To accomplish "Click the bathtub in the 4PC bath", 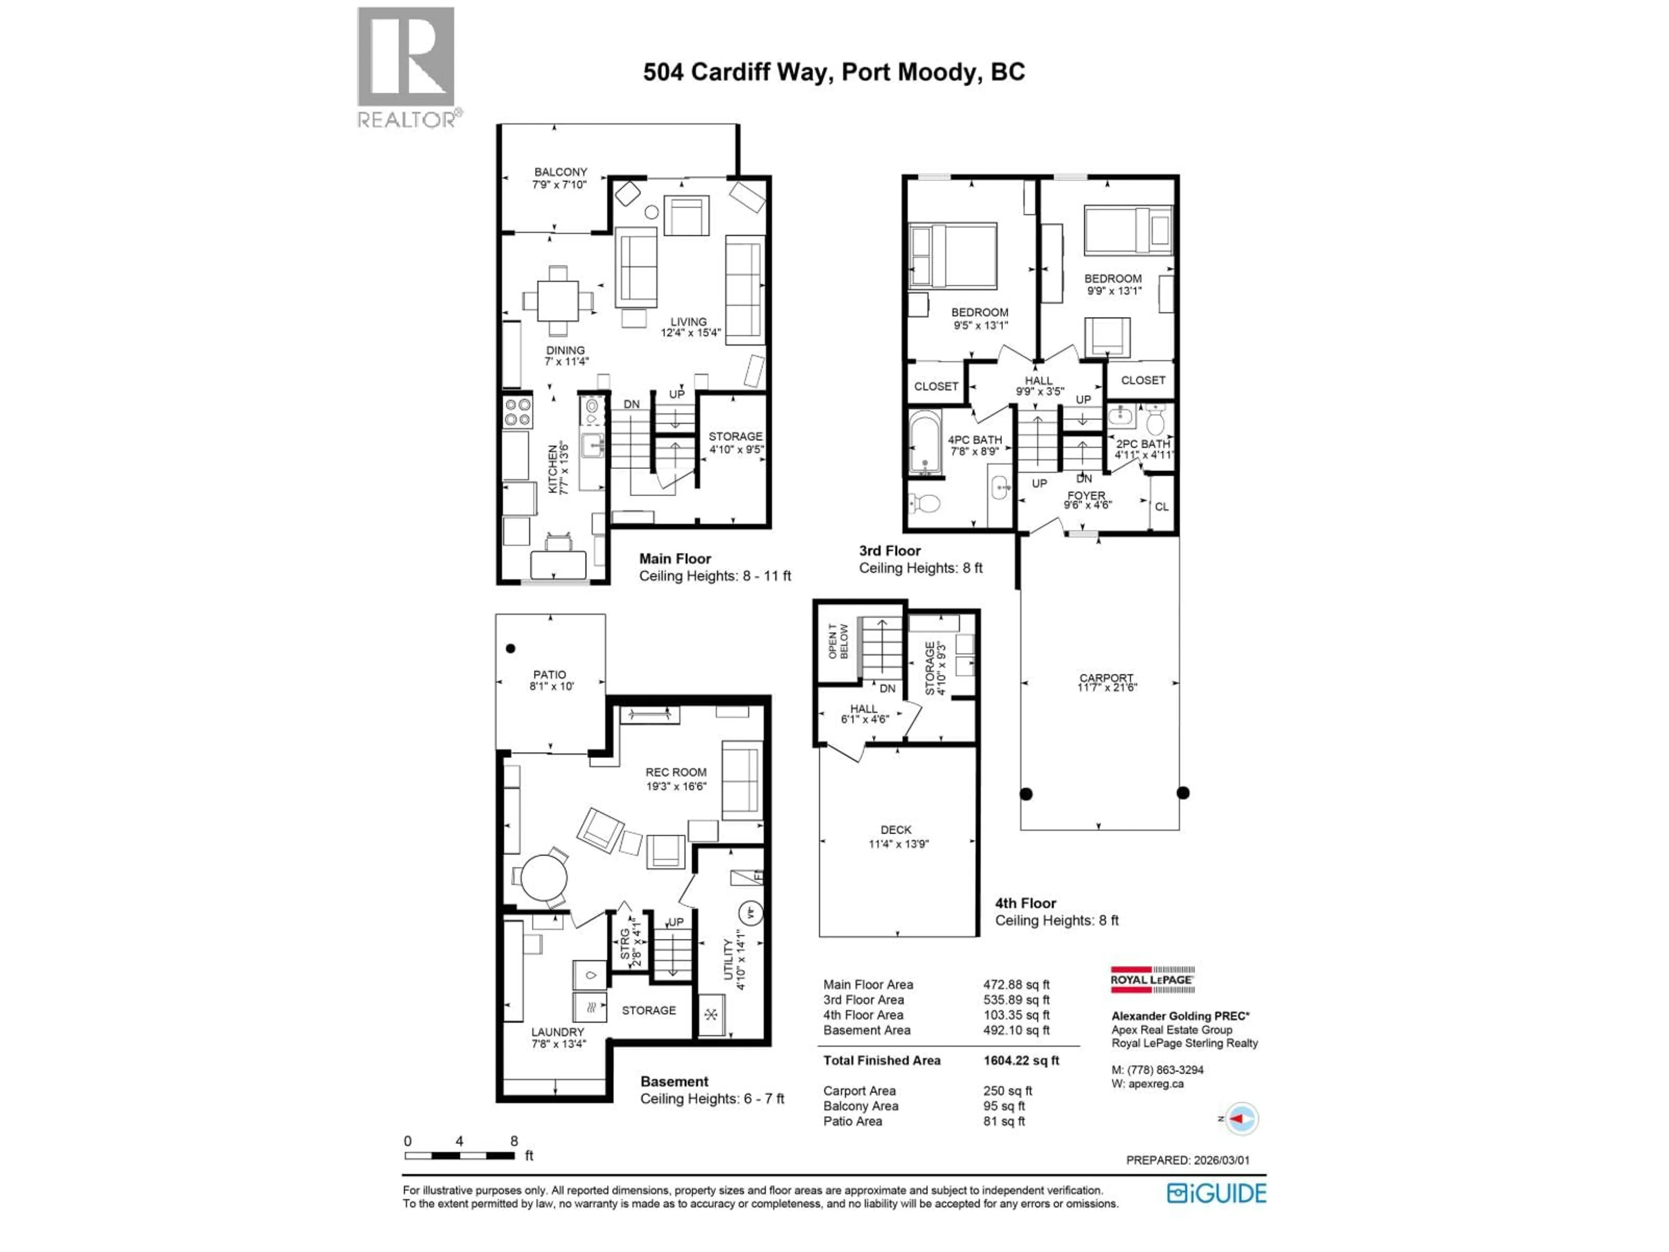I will pyautogui.click(x=924, y=443).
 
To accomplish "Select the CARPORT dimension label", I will pyautogui.click(x=1106, y=683).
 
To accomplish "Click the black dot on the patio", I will pyautogui.click(x=511, y=648).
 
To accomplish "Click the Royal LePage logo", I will pyautogui.click(x=1152, y=979).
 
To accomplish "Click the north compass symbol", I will pyautogui.click(x=1241, y=1119).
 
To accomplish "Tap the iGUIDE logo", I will pyautogui.click(x=1216, y=1193).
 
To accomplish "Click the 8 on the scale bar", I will pyautogui.click(x=514, y=1141).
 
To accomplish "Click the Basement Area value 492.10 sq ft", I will pyautogui.click(x=1016, y=1030).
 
